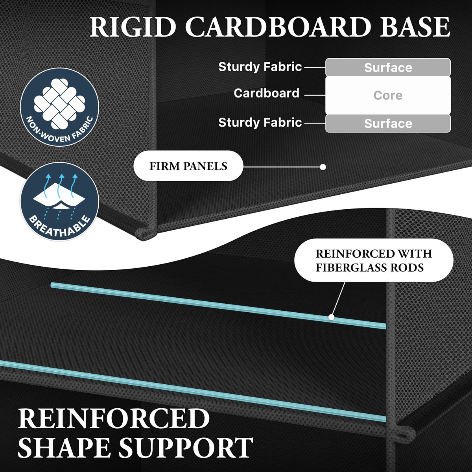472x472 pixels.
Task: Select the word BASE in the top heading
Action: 415,27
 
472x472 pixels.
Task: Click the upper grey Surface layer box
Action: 388,67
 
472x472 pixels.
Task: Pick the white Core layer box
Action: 388,95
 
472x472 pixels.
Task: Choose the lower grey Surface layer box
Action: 388,124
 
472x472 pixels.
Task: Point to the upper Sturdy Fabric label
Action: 260,67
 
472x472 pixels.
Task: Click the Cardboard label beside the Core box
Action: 267,93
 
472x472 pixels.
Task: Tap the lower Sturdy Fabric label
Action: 260,123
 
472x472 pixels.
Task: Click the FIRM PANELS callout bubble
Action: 188,166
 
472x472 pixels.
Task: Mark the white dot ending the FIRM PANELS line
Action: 323,167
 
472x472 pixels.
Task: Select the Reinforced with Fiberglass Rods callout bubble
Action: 374,260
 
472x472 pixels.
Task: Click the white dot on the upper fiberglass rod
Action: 331,317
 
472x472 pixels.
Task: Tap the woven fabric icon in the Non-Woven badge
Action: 59,103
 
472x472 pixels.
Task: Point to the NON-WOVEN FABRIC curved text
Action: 59,130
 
